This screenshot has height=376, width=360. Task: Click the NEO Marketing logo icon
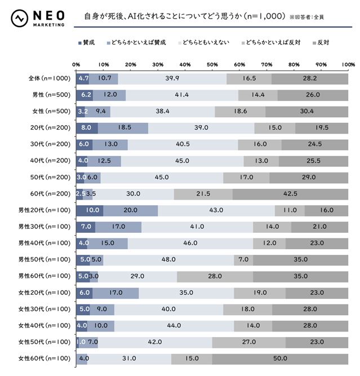21,18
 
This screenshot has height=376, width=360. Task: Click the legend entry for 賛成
90,42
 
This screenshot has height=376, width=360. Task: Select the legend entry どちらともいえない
203,42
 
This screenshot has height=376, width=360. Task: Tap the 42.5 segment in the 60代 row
290,194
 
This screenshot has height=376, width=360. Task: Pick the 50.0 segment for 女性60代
280,359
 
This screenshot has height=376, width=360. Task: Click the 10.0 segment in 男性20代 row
90,210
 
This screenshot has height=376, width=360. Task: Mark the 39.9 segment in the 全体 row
172,78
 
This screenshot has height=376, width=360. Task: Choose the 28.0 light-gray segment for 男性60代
215,276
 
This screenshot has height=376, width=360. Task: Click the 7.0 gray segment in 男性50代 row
243,260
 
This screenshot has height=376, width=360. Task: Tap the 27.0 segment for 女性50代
248,342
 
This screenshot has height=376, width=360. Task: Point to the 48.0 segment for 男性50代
168,260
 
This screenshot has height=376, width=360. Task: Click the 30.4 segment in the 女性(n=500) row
306,112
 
